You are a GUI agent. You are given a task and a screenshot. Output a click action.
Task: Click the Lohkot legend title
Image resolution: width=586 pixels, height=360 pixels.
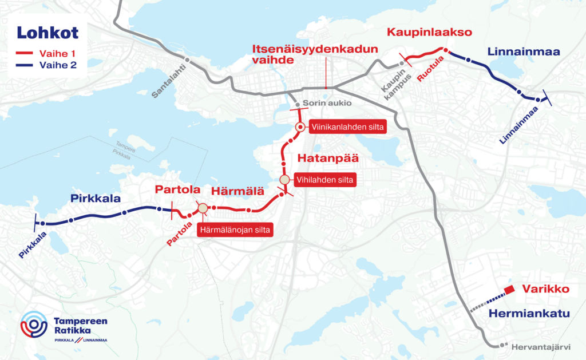click(x=47, y=33)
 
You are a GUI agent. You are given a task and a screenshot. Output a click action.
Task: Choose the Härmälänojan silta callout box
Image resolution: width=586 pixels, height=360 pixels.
click(x=235, y=230)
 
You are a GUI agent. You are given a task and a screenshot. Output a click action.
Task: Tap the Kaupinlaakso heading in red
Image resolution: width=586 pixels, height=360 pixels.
click(x=429, y=33)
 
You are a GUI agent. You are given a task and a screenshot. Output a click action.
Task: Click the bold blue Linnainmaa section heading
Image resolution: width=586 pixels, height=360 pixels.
click(x=524, y=52)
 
